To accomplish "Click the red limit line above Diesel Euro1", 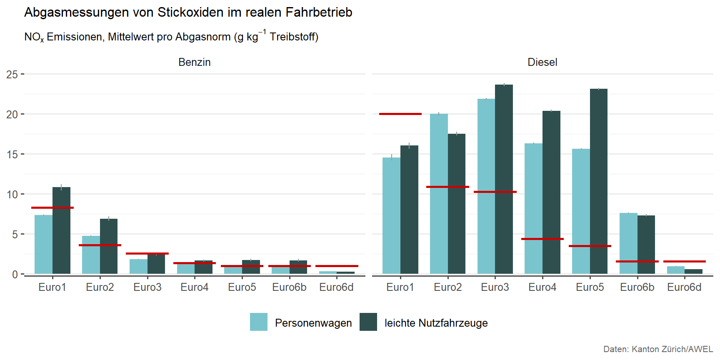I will pos(400,114).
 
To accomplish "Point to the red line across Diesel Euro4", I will pos(542,239).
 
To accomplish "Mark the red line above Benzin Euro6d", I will pos(337,266).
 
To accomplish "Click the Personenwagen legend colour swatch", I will pos(259,322).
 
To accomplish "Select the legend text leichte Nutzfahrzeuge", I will pos(436,323).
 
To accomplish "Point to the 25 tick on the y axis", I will pos(12,75).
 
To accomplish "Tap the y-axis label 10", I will pos(12,195).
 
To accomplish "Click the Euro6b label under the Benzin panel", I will pos(289,287).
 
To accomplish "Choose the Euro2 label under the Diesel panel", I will pos(447,287).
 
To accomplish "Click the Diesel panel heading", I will pos(542,62).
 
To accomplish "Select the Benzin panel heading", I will pos(195,62).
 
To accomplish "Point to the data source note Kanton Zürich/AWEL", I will pos(672,349).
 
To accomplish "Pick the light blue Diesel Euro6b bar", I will pos(628,243).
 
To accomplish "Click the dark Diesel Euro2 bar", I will pos(457,204).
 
